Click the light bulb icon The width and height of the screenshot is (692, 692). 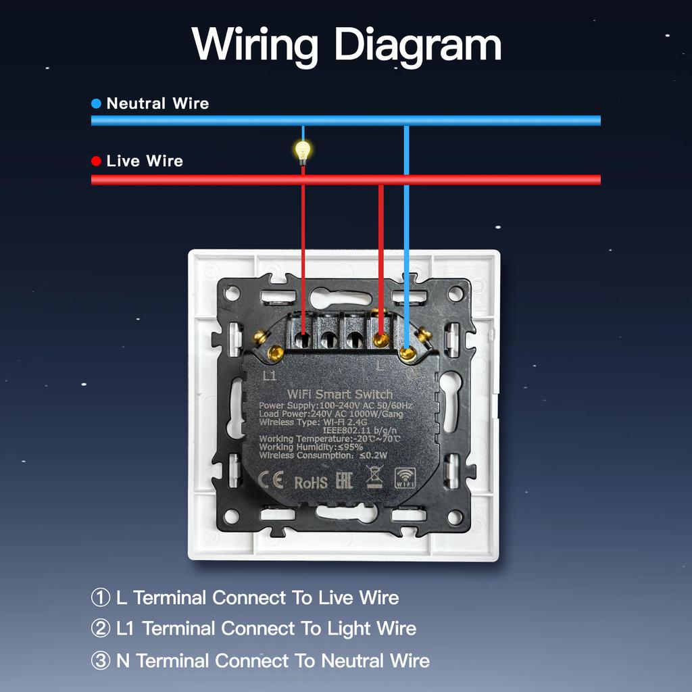[x=303, y=151]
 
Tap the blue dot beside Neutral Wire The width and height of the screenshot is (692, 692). [x=96, y=104]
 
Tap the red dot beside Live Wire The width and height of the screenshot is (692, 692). [x=96, y=162]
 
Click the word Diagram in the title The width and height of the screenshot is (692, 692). [x=418, y=45]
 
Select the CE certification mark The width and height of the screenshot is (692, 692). [x=272, y=481]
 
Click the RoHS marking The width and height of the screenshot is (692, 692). [x=311, y=483]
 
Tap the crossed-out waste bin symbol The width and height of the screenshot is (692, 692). [x=374, y=477]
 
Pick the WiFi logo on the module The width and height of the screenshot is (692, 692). [x=405, y=478]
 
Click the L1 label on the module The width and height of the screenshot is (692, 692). [x=269, y=376]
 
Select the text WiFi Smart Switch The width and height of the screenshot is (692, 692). [x=340, y=394]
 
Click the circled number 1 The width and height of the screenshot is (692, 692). [x=100, y=598]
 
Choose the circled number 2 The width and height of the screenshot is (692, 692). [x=100, y=629]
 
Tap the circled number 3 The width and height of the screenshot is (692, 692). [x=100, y=661]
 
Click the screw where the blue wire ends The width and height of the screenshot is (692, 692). [x=407, y=352]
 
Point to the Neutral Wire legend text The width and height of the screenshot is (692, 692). [x=157, y=104]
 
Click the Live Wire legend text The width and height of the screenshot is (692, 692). [x=145, y=162]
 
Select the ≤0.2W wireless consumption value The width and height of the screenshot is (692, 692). [x=374, y=455]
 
